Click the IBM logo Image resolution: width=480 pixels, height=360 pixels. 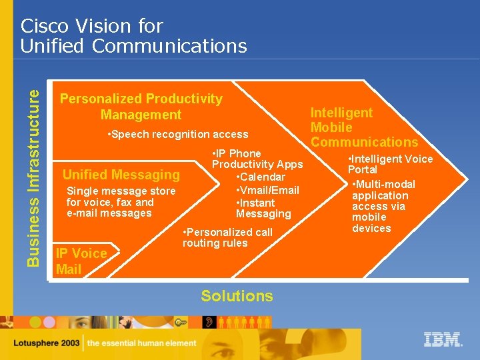[443, 339]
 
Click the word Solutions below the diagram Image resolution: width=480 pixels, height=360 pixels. [237, 296]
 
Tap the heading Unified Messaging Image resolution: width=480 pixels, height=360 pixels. [121, 175]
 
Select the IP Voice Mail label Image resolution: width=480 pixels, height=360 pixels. [81, 261]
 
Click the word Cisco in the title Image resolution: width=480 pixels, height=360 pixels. [45, 26]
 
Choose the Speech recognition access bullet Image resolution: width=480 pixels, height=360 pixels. [177, 135]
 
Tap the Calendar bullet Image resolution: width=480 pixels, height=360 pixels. [261, 177]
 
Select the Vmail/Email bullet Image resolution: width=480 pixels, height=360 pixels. [267, 190]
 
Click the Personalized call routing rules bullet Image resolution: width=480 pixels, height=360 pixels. [227, 237]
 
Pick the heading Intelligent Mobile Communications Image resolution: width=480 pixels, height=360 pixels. [363, 127]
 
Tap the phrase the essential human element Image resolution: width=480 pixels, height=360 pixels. [142, 344]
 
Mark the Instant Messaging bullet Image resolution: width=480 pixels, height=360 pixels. [263, 208]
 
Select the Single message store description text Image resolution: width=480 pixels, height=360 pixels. [121, 202]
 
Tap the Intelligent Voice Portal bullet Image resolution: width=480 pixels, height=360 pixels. [390, 164]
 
